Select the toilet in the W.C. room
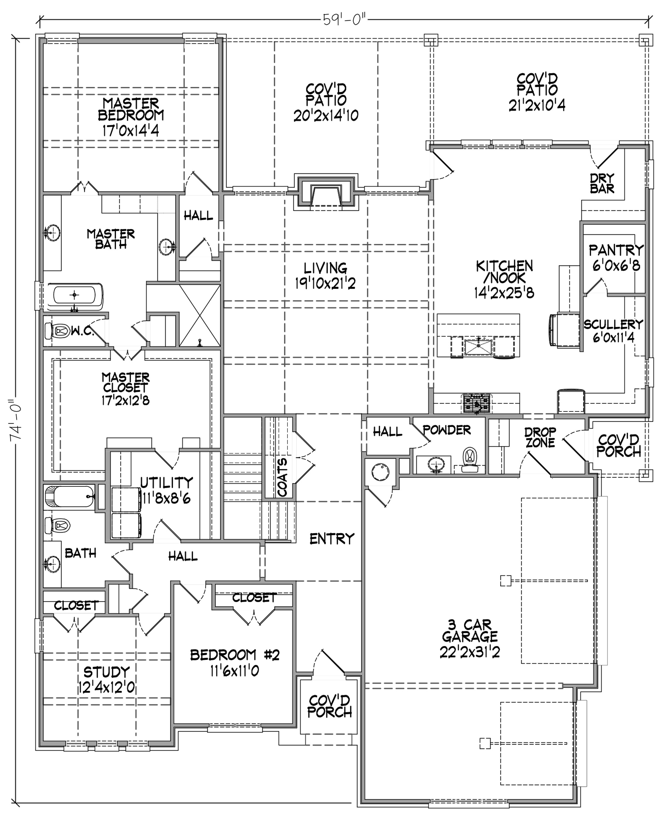(x=57, y=331)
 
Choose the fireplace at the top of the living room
(x=326, y=192)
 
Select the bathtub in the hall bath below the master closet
(x=69, y=497)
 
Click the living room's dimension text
(x=325, y=284)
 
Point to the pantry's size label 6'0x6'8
(x=616, y=265)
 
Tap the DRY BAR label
(x=602, y=184)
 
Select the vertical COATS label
(x=282, y=477)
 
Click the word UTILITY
(x=167, y=482)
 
